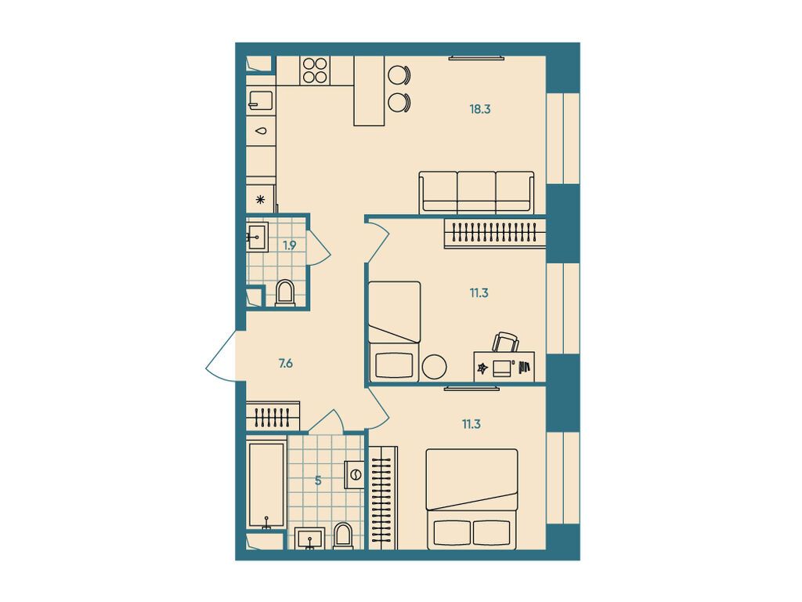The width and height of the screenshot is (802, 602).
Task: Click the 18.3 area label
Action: click(x=480, y=109)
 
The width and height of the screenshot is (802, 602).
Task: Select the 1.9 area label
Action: click(x=290, y=245)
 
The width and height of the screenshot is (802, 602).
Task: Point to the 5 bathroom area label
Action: click(x=318, y=480)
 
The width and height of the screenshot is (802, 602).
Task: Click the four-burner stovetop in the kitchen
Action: click(x=316, y=71)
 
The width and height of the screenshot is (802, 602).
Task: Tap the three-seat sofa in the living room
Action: click(x=477, y=192)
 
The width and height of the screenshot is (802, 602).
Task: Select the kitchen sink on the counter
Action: click(x=261, y=100)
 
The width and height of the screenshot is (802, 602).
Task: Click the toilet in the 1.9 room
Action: click(x=285, y=293)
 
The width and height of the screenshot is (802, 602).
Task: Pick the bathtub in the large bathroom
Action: click(x=266, y=484)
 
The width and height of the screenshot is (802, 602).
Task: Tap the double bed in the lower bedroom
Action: click(x=472, y=499)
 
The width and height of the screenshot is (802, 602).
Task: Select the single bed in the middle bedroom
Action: click(x=395, y=332)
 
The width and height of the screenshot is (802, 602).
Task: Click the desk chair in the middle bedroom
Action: click(x=506, y=343)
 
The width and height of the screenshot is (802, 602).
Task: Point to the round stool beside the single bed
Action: click(x=435, y=366)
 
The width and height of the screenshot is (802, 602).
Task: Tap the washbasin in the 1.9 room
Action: click(x=257, y=236)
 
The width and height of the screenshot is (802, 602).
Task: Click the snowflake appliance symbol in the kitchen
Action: click(x=261, y=199)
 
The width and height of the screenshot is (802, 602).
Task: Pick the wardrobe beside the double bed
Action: click(x=382, y=497)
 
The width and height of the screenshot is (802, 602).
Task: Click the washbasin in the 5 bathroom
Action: click(x=312, y=539)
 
